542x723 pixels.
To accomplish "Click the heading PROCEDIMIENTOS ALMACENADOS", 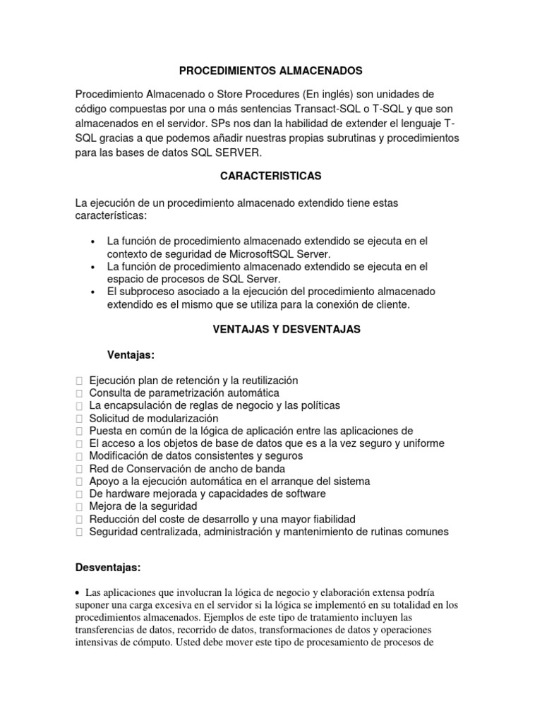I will pyautogui.click(x=270, y=71).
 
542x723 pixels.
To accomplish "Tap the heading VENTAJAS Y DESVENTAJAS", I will pyautogui.click(x=287, y=329).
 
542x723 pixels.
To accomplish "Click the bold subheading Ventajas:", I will pyautogui.click(x=135, y=354).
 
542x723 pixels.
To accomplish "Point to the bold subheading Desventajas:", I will pyautogui.click(x=108, y=568).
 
